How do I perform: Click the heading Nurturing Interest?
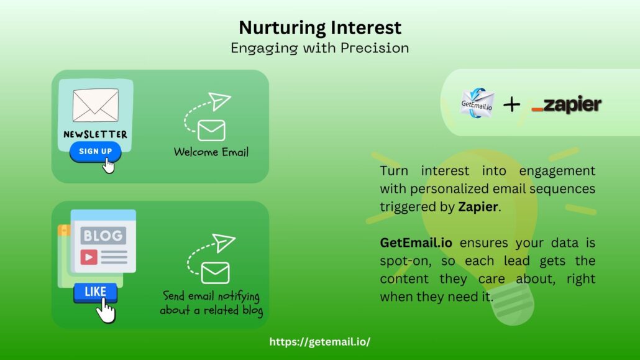click(320, 28)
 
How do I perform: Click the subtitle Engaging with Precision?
click(320, 48)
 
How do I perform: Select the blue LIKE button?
click(95, 292)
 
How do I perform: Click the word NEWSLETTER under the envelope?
click(95, 134)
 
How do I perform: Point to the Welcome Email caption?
click(211, 152)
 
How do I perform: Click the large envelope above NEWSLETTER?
click(95, 106)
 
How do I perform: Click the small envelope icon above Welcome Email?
click(211, 130)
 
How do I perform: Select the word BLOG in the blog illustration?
click(104, 236)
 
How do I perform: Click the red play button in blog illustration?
click(89, 256)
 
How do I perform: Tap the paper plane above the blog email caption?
click(224, 242)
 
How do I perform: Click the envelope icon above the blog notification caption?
click(216, 272)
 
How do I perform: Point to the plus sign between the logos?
click(511, 104)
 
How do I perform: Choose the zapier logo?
click(567, 105)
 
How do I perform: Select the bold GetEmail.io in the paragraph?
click(416, 243)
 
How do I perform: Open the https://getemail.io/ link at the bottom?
click(320, 342)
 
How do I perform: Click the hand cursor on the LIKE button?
click(107, 311)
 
